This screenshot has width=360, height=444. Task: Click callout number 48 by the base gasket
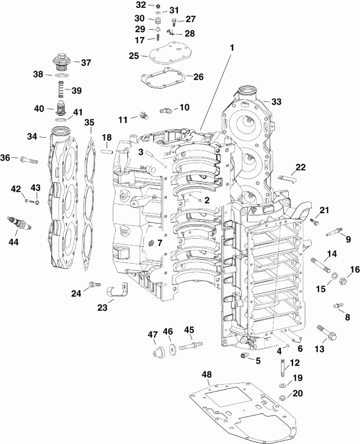coord(207,373)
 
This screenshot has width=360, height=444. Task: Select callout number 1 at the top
coord(230,46)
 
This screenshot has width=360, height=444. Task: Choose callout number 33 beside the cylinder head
coord(277,101)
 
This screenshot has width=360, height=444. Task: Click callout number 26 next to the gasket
coord(198,77)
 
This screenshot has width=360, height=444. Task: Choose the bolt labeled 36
coord(27,161)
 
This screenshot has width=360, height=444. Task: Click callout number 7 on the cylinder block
coord(160,242)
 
